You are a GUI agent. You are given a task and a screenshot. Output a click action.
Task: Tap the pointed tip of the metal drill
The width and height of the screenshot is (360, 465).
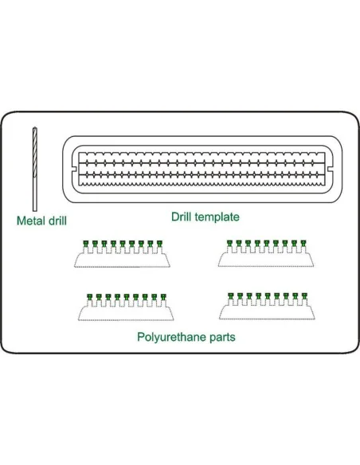pos(35,128)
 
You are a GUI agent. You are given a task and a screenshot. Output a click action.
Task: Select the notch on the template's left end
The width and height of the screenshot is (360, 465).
pos(75,169)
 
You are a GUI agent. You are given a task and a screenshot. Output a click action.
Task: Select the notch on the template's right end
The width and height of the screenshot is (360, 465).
pos(330,169)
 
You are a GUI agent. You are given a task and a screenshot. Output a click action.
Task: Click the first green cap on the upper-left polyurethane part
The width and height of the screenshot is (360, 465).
pos(86,244)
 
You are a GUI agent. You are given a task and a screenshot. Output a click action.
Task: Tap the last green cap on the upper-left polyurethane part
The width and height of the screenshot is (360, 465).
pos(159,244)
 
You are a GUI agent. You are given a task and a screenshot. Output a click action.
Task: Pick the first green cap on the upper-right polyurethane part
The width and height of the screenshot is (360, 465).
pos(230,244)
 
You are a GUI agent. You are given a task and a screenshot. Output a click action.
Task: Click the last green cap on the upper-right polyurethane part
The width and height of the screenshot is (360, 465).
pos(303,244)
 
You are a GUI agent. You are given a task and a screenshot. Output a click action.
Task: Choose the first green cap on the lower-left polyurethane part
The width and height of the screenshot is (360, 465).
pos(90,297)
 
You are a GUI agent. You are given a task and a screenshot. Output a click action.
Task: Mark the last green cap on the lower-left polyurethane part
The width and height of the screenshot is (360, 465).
pos(163,297)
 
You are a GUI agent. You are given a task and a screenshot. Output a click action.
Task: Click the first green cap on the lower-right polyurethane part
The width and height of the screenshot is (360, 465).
pos(231,295)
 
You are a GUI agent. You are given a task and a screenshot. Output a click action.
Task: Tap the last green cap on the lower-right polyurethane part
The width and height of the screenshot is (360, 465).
pos(304,295)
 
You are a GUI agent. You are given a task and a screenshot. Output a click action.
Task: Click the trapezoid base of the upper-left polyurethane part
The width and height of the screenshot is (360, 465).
pos(122,261)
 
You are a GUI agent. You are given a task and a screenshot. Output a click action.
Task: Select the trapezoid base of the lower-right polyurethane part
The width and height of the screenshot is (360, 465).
pos(267,313)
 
